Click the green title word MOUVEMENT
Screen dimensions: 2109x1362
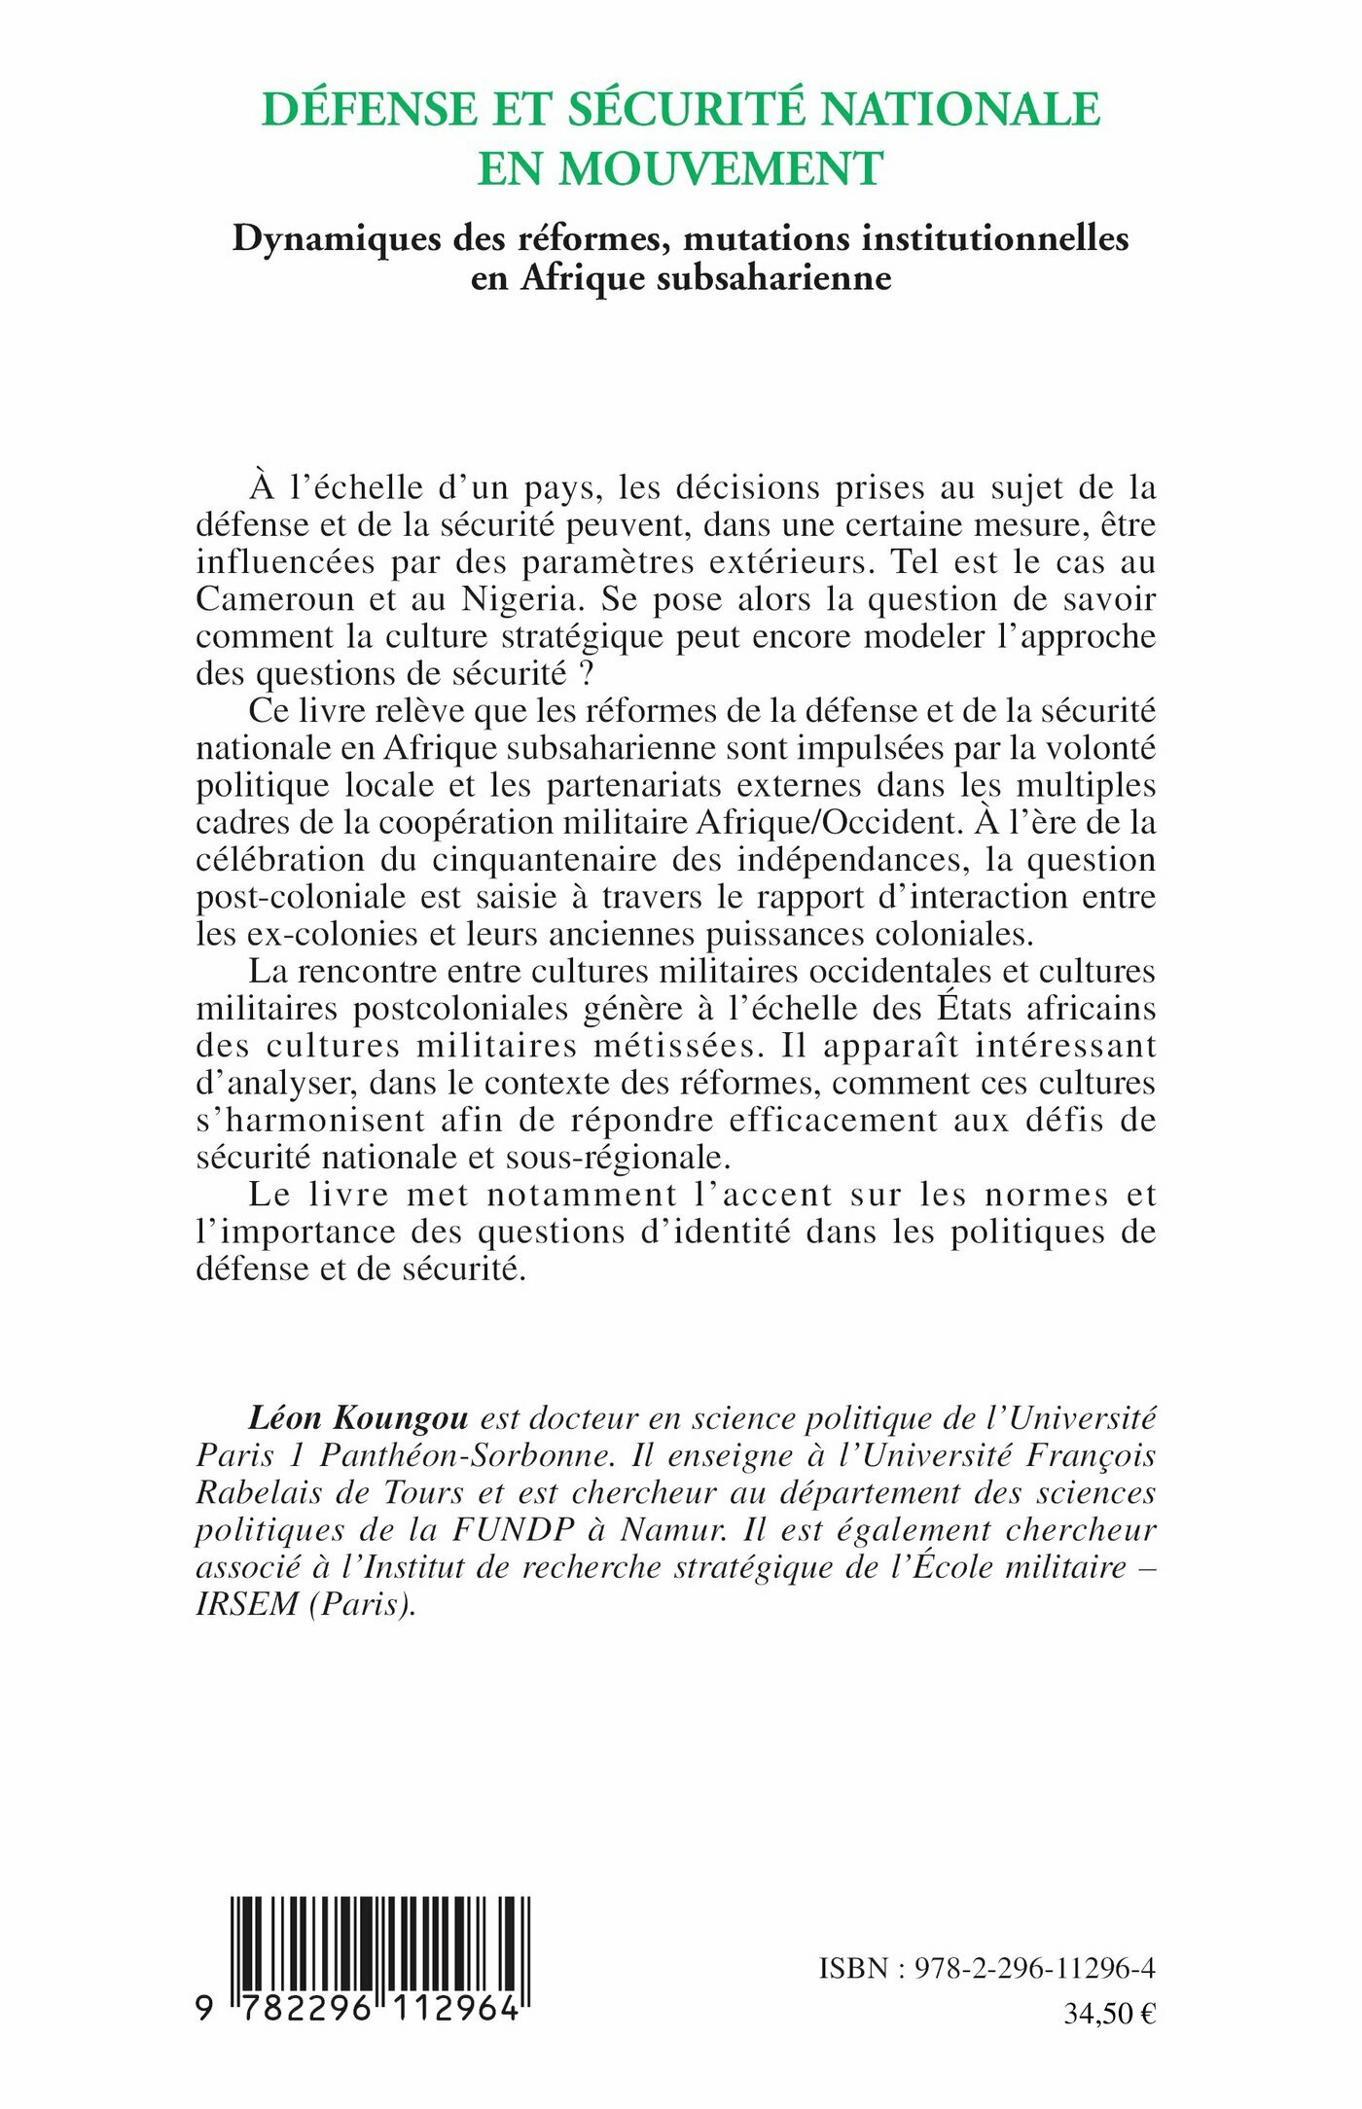point(721,169)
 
